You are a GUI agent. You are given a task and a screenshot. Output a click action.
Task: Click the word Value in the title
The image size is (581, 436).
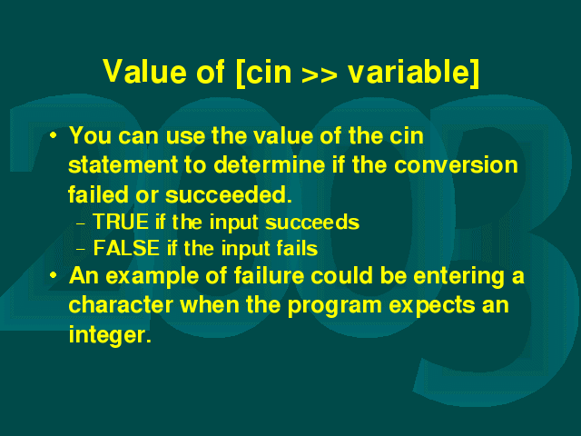(x=145, y=71)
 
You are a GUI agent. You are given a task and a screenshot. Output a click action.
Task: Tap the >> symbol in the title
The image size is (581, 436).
(x=320, y=74)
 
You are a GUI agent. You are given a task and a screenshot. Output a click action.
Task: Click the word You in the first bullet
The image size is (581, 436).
(x=90, y=135)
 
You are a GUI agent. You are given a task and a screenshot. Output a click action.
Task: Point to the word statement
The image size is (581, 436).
(x=123, y=165)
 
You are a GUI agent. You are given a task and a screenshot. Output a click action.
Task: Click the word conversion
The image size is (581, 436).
(x=456, y=165)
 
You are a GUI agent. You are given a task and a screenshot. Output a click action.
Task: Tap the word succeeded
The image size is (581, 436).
(x=229, y=194)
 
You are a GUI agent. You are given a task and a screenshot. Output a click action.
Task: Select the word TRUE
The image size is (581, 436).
(x=121, y=222)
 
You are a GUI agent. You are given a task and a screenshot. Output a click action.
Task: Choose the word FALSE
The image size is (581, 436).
(x=126, y=248)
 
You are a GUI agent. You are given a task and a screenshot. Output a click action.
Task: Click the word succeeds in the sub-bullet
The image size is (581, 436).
(x=312, y=223)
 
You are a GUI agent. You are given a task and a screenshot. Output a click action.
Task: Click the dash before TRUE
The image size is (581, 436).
(x=81, y=223)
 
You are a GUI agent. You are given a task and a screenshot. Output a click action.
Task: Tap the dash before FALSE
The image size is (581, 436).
(x=81, y=250)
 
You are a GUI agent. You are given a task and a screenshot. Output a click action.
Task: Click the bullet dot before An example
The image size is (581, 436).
(x=54, y=275)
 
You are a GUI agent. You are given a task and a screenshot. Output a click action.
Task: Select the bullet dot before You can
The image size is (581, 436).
(x=54, y=135)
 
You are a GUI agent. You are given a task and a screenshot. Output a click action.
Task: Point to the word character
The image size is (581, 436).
(x=121, y=305)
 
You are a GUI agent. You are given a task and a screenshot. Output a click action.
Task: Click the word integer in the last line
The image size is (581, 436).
(x=111, y=334)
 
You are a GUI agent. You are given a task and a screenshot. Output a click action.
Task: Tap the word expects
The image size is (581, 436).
(x=432, y=306)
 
